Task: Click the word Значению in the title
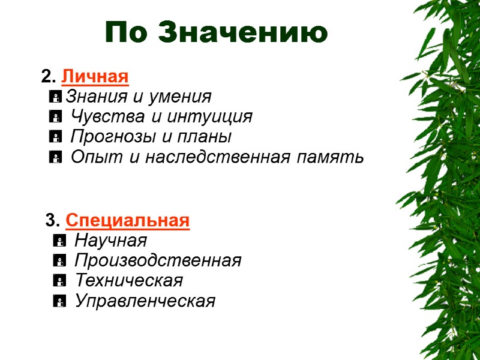(243, 32)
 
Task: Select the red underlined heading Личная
(95, 77)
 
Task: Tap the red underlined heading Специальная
(128, 221)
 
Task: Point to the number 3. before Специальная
(53, 221)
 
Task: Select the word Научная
(111, 241)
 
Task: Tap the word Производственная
(158, 261)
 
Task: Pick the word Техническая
(128, 281)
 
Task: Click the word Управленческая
(145, 301)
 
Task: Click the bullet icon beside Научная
(58, 241)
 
